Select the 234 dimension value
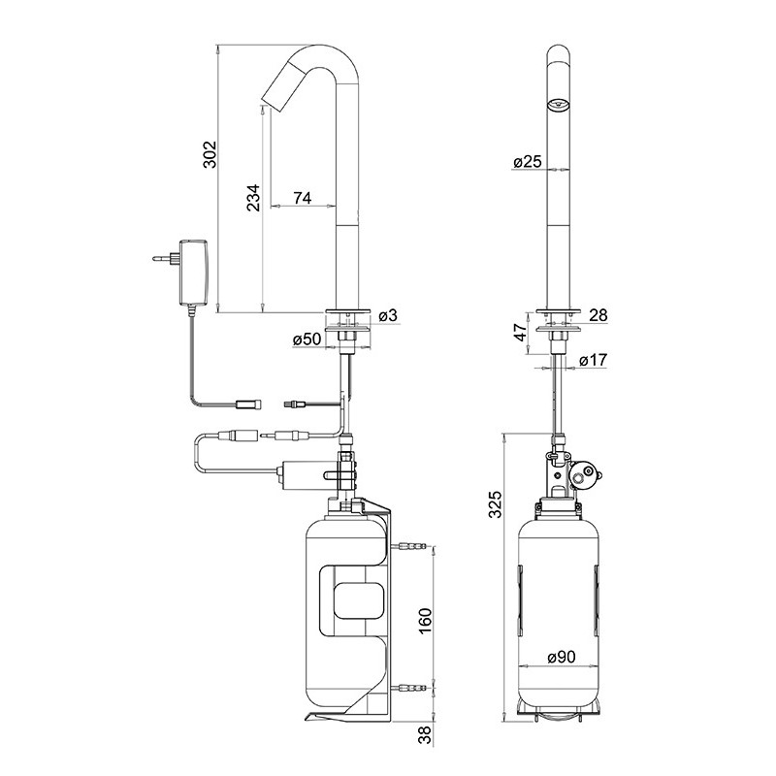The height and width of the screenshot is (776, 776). click(253, 197)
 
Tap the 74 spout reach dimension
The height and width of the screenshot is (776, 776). click(302, 198)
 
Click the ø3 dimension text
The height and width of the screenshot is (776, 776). click(386, 315)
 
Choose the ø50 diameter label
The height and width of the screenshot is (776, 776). click(307, 339)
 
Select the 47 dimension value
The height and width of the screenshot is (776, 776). click(520, 333)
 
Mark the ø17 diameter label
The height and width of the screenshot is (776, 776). click(594, 360)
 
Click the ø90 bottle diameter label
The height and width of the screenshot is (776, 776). click(563, 657)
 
